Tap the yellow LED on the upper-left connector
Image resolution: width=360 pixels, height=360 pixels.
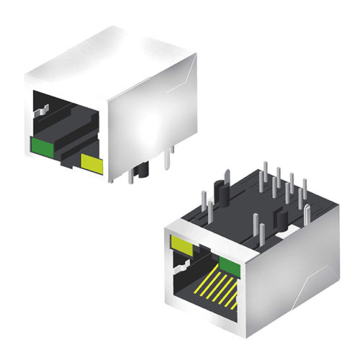93,165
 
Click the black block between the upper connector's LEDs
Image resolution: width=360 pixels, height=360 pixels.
68,156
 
